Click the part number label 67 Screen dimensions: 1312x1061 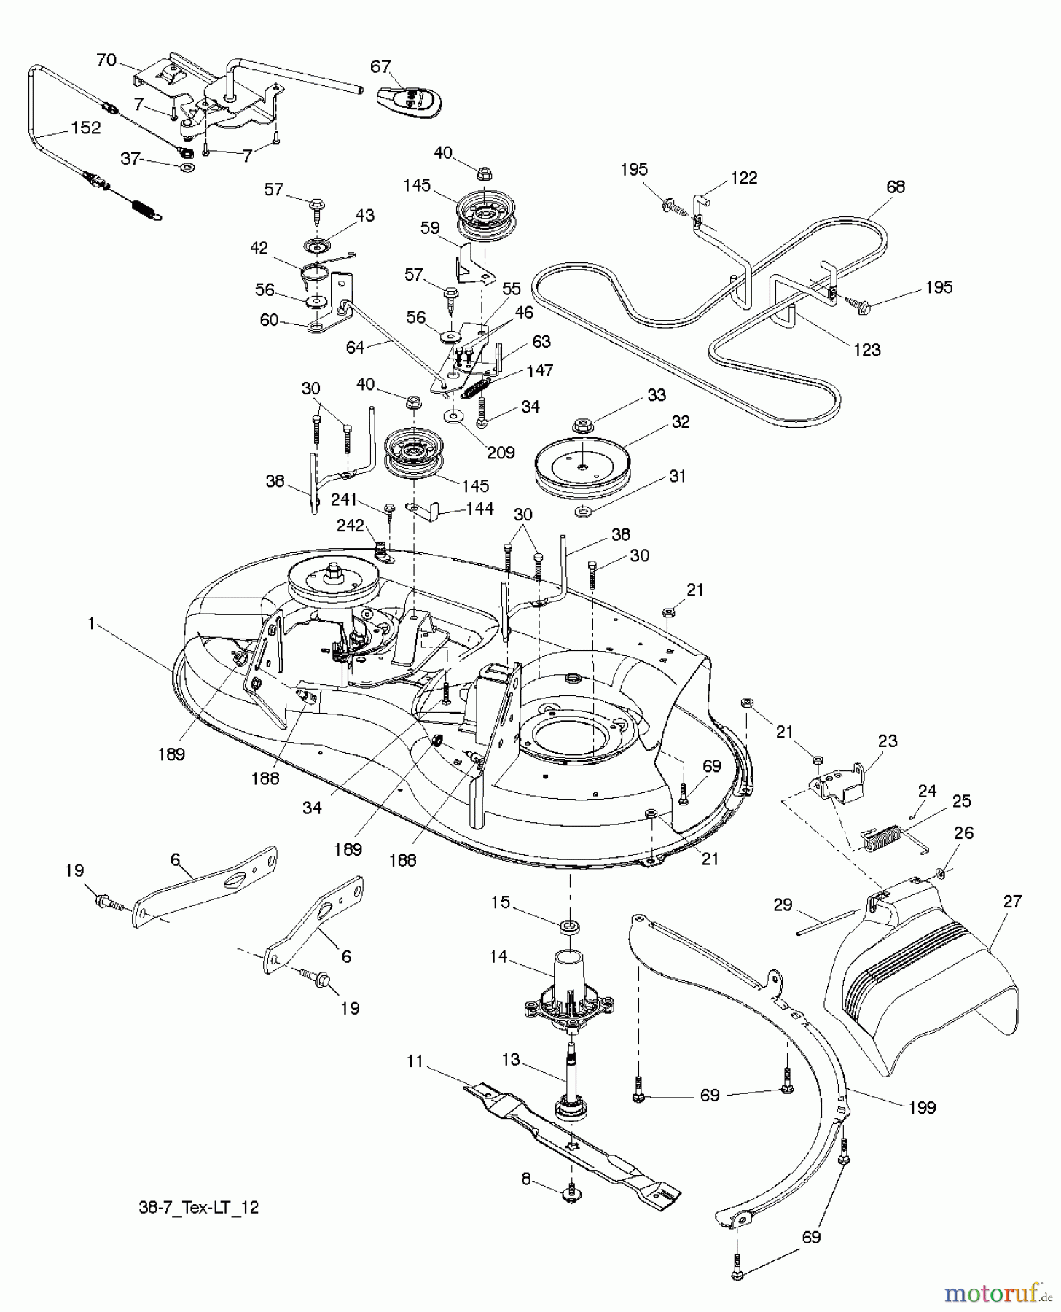point(380,66)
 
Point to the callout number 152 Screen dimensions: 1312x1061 point(85,128)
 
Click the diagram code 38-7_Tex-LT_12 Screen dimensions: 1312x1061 point(198,1208)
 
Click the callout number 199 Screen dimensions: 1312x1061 point(922,1107)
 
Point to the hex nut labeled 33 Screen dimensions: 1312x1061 point(582,424)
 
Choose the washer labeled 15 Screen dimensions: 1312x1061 point(570,926)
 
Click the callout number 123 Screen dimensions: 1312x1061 point(866,350)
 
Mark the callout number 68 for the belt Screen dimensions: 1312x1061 point(895,187)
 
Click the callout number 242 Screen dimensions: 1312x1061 point(350,525)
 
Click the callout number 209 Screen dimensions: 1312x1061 point(501,452)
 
